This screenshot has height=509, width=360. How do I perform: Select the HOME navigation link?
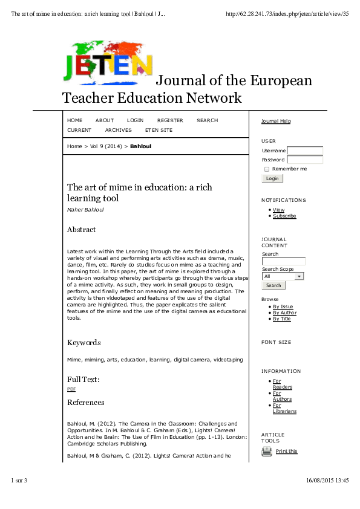click(x=74, y=120)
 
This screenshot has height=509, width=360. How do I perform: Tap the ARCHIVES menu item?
click(x=118, y=130)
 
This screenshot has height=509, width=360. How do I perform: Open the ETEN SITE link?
click(x=159, y=130)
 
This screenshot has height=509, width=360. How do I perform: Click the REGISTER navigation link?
click(x=170, y=120)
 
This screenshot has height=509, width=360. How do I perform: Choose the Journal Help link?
click(x=276, y=121)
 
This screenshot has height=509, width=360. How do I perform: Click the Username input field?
click(x=305, y=151)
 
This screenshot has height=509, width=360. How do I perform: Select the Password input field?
click(x=305, y=160)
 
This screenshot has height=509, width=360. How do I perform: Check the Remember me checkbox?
click(x=267, y=169)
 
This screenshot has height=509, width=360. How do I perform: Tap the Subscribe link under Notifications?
click(x=284, y=216)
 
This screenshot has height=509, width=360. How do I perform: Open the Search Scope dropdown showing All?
click(x=283, y=276)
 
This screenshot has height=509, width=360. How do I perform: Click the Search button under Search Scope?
click(x=273, y=285)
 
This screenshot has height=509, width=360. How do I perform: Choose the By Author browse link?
click(x=284, y=313)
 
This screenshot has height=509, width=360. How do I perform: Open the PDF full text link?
click(x=71, y=389)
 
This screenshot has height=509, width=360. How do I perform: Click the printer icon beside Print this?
click(x=267, y=452)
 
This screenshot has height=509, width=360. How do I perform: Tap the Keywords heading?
click(x=83, y=343)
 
